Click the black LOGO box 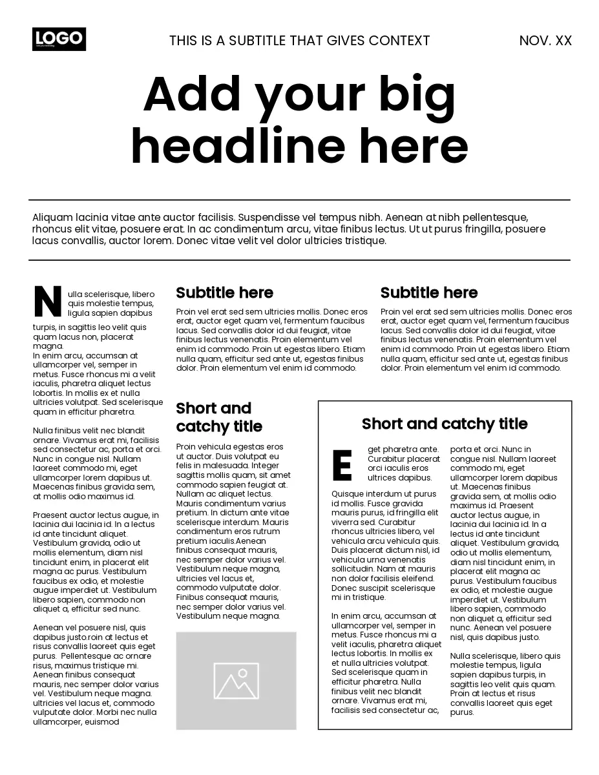click(x=59, y=39)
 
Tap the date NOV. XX click(x=545, y=41)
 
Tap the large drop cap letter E click(x=342, y=465)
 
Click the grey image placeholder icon click(x=236, y=681)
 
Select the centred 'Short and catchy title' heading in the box click(x=445, y=424)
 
